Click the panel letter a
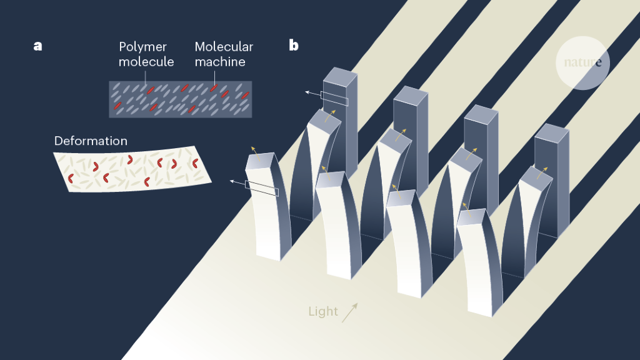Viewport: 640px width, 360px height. point(38,46)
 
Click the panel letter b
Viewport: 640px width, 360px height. point(294,45)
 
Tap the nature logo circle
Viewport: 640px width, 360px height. point(582,62)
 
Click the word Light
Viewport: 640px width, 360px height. point(323,311)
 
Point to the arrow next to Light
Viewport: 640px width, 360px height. point(350,312)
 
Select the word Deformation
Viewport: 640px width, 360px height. point(91,141)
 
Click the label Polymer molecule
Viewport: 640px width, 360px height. point(146,54)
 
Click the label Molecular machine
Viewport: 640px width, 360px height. point(224,54)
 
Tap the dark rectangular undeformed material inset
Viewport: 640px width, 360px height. point(180,99)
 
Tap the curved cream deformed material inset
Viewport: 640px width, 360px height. point(132,169)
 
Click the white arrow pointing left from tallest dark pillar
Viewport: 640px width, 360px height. point(312,92)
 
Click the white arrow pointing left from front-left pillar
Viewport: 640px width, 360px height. point(237,182)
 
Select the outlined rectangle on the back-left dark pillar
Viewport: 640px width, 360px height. point(334,98)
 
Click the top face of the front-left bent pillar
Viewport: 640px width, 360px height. point(261,161)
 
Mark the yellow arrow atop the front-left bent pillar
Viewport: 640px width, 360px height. point(254,152)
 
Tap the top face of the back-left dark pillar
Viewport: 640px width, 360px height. point(340,76)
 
